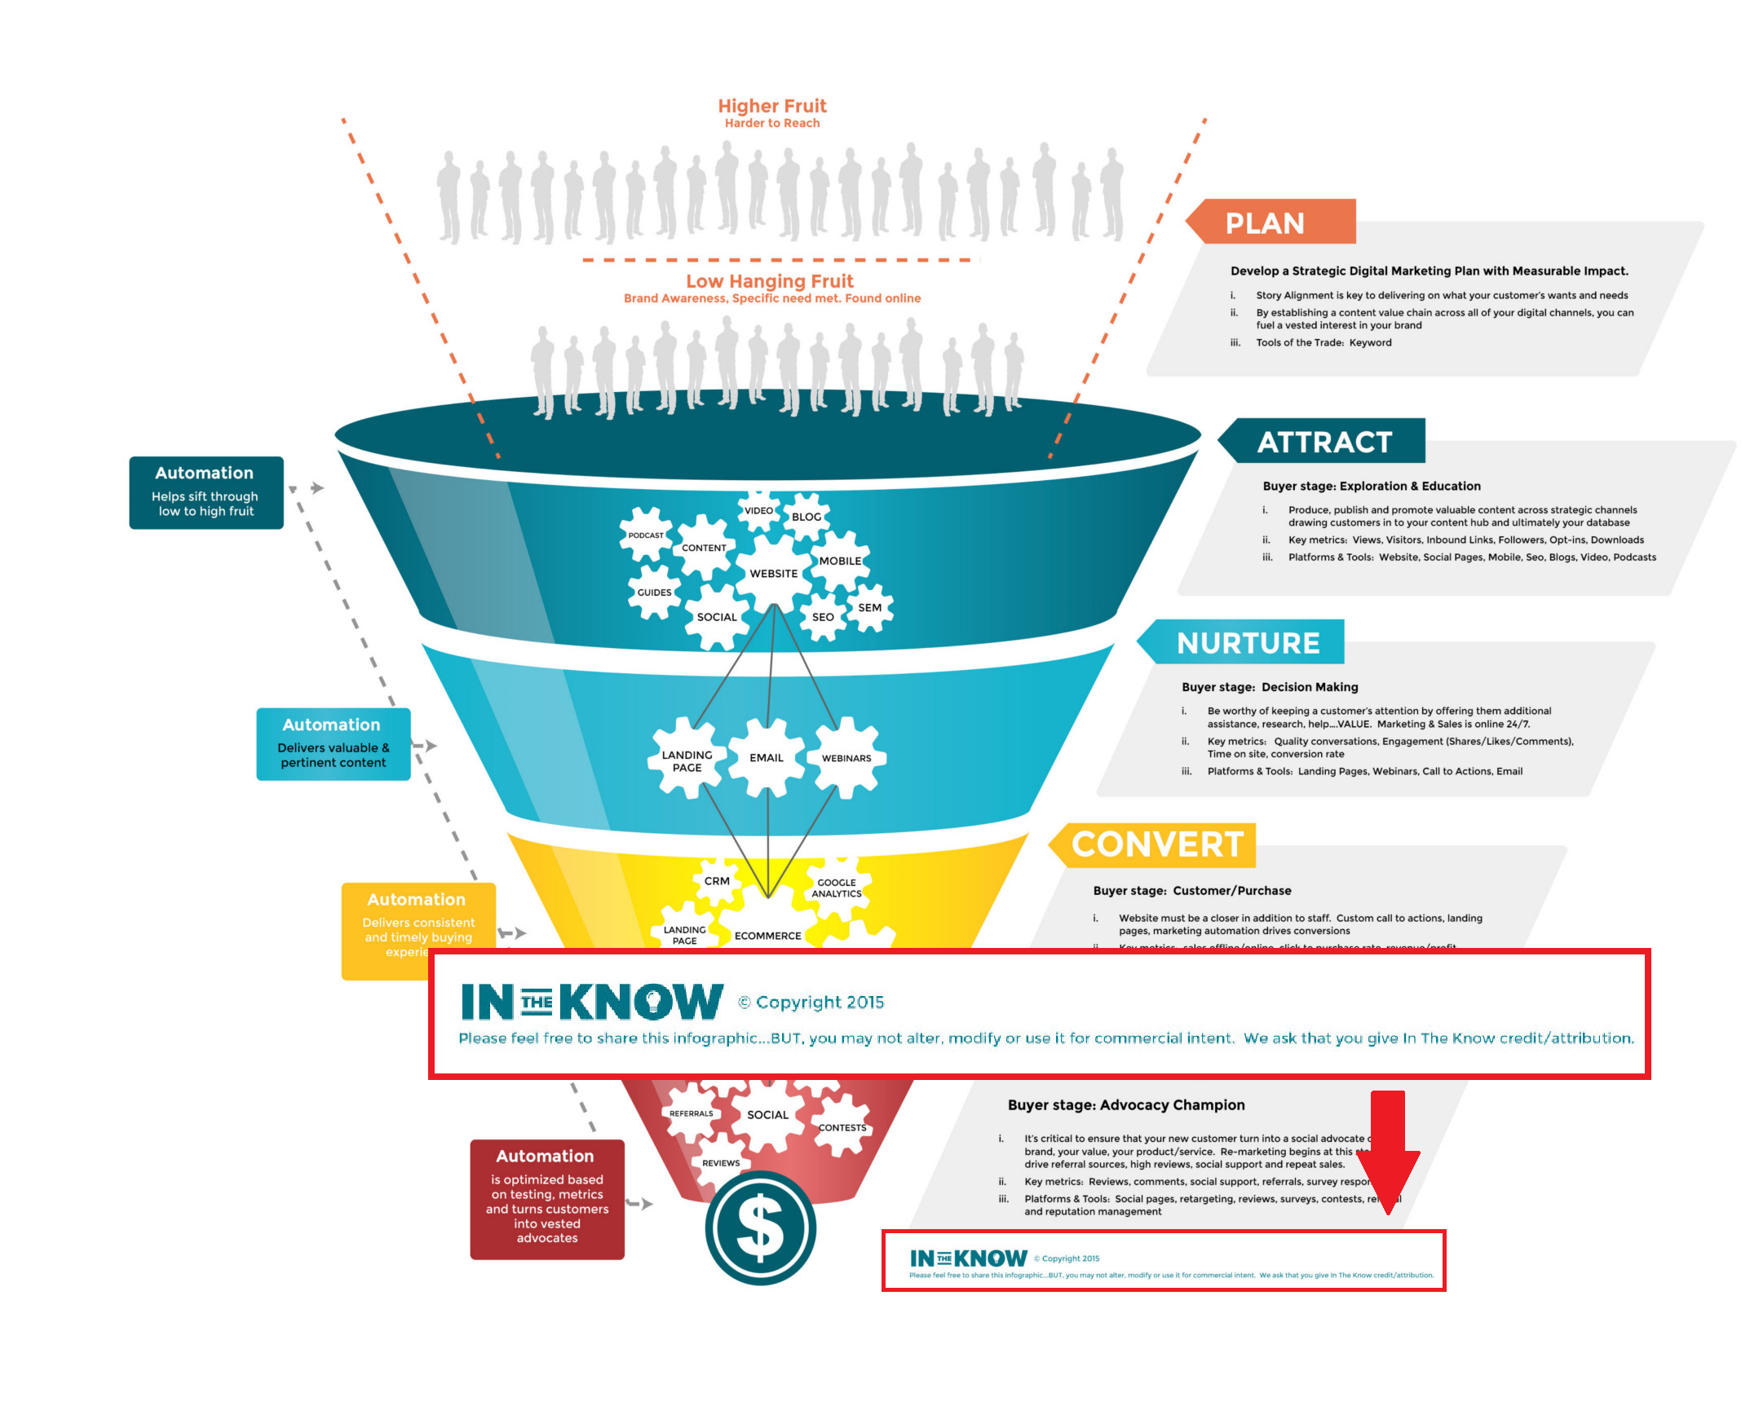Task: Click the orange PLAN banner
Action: point(1271,222)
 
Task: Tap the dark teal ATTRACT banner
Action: point(1324,442)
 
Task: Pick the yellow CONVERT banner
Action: point(1156,844)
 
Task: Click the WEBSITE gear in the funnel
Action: point(773,573)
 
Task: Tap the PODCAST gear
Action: point(645,535)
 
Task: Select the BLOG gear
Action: point(807,517)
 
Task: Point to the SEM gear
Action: point(869,608)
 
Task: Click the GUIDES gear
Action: point(654,593)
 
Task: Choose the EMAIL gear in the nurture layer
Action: point(767,757)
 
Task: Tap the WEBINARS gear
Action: point(846,757)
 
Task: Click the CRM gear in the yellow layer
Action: point(717,881)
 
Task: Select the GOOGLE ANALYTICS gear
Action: point(837,888)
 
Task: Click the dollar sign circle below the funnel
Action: point(760,1228)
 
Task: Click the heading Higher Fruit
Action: point(771,106)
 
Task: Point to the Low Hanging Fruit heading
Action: point(770,281)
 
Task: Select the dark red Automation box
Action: point(547,1198)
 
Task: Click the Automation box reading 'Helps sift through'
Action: point(206,493)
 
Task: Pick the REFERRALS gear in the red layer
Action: point(692,1113)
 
